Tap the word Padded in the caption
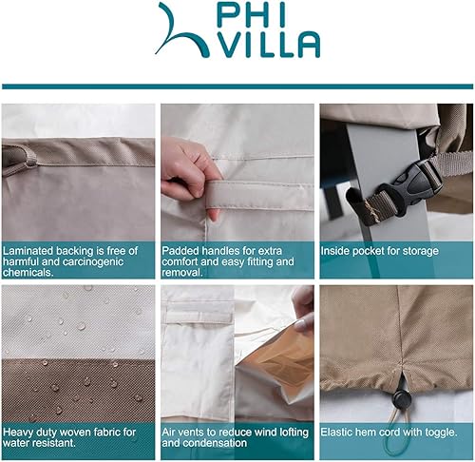pos(180,251)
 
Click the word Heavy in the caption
pos(20,432)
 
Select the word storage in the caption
pos(419,251)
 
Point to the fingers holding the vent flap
pos(302,302)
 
